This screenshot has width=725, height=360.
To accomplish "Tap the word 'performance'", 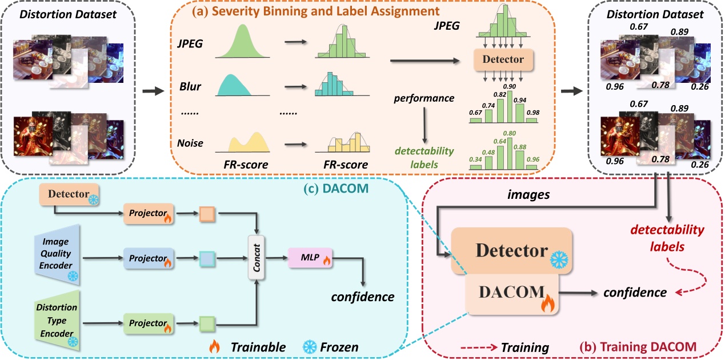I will point(423,98).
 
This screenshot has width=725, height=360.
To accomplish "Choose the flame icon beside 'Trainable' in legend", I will point(215,346).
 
